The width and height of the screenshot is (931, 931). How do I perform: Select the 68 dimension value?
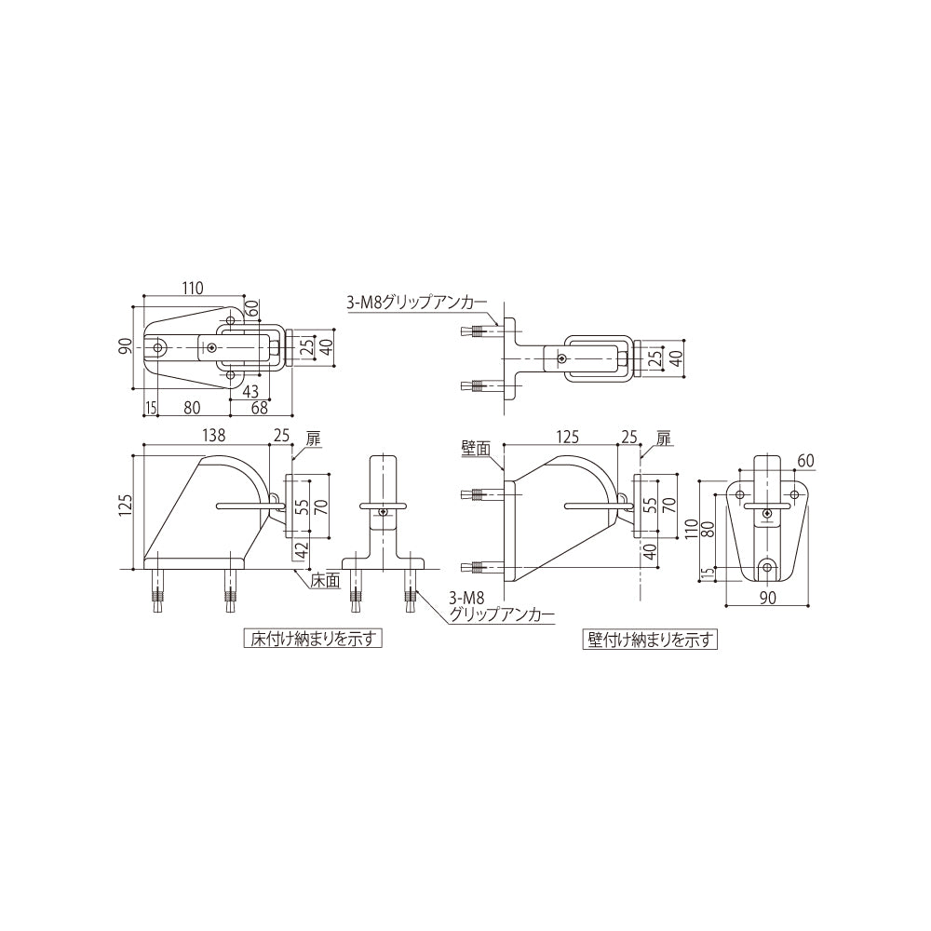(x=260, y=407)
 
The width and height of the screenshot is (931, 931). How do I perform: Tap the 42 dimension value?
(x=300, y=551)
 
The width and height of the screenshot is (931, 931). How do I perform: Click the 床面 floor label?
(x=323, y=580)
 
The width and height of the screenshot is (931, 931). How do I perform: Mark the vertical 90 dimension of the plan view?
(x=125, y=346)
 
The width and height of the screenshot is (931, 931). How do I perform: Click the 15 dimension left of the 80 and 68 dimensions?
(x=150, y=407)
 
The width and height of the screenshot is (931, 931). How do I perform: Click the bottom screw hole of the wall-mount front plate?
(x=767, y=566)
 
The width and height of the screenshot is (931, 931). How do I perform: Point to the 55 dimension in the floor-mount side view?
(x=300, y=506)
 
